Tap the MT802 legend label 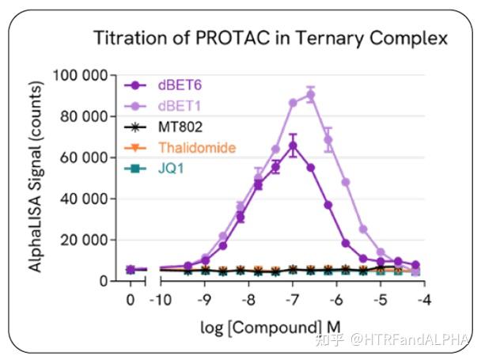click(x=181, y=127)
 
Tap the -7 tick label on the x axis click(x=292, y=300)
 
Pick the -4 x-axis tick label click(x=423, y=300)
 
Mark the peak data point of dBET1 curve click(x=311, y=95)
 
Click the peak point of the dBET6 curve click(x=293, y=146)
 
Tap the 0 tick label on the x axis click(x=131, y=300)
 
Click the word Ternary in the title click(x=336, y=38)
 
